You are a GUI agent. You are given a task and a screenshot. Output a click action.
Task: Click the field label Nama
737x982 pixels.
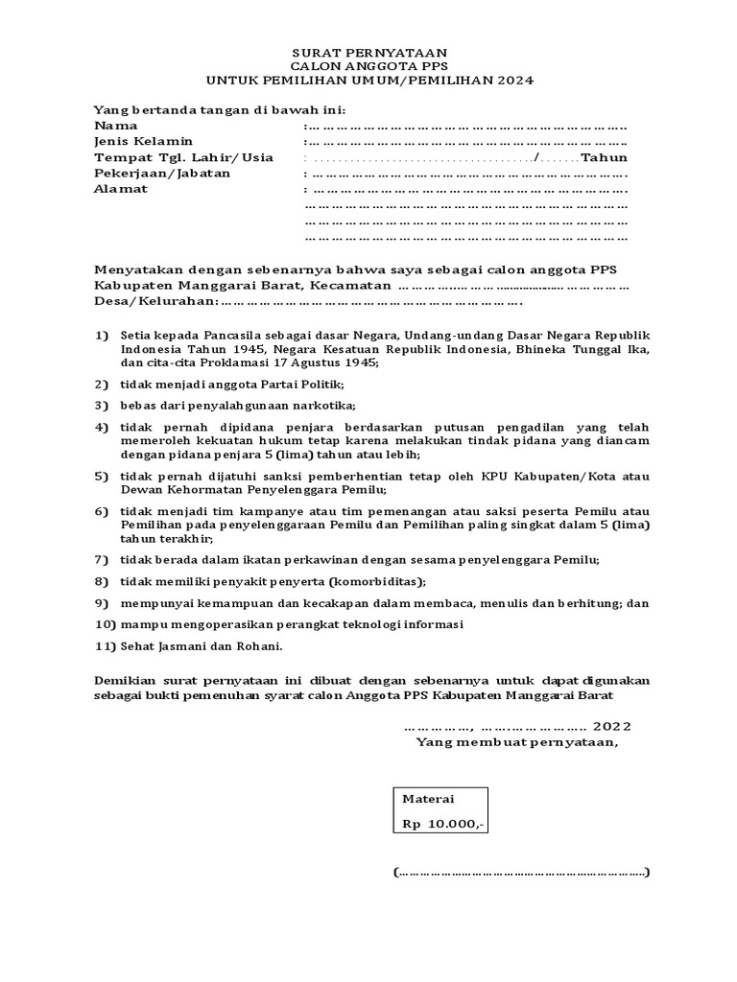(115, 126)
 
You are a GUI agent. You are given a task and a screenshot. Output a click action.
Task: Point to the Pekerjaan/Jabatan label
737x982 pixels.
(161, 174)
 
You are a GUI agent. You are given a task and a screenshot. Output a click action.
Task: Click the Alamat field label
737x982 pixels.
(120, 189)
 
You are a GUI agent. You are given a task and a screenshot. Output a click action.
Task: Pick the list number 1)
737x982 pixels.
(102, 336)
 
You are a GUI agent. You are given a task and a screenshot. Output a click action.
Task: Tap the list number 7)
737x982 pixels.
(102, 559)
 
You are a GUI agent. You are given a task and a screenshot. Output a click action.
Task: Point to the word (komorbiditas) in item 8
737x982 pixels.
(377, 581)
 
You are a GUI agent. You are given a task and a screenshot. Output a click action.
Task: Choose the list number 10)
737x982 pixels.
(105, 624)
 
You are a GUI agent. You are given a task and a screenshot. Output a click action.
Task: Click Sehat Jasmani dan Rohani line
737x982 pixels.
(188, 645)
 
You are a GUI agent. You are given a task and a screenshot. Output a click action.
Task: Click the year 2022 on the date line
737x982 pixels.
(612, 726)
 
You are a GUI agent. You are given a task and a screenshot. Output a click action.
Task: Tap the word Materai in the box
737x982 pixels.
(428, 799)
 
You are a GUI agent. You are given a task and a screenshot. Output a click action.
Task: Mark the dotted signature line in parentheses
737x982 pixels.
(521, 873)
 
